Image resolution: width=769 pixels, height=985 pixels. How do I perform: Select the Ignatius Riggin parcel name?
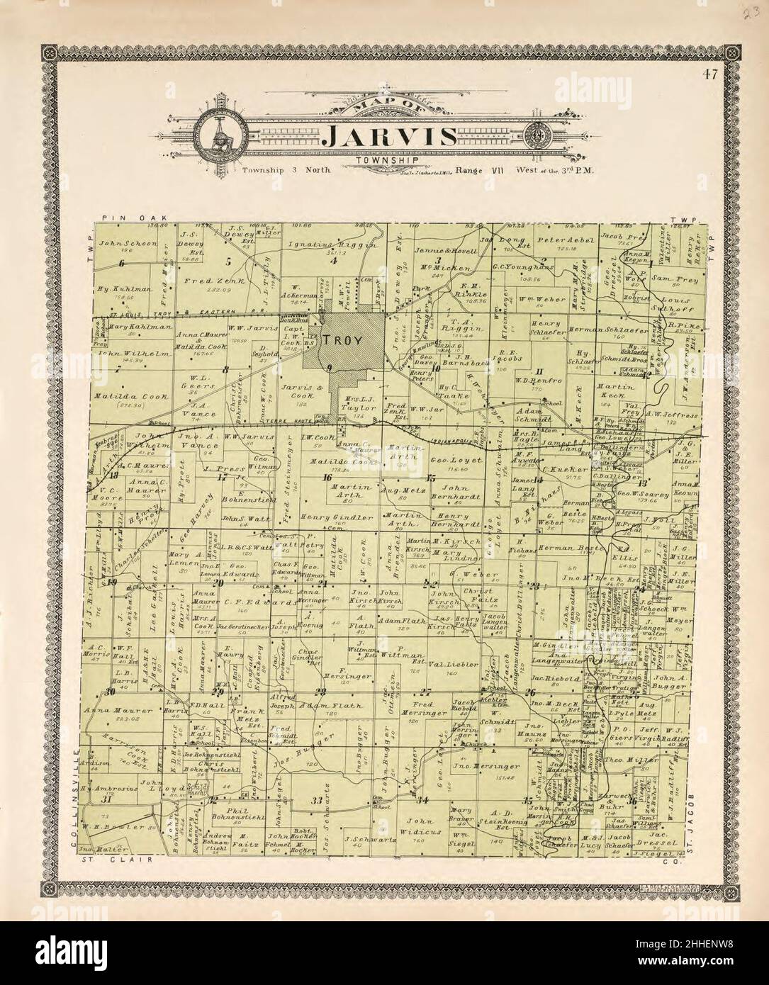tap(323, 244)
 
